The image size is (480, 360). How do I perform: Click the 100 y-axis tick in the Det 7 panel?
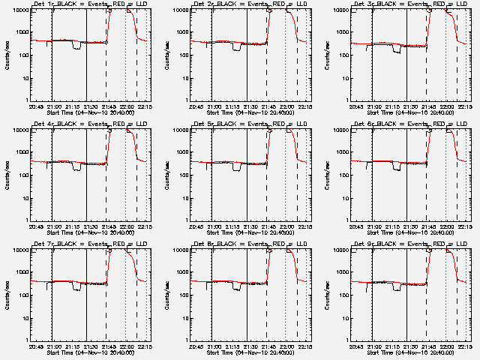[22, 295]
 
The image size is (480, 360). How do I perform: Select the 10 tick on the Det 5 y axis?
[182, 198]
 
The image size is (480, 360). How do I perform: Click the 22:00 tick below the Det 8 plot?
[287, 346]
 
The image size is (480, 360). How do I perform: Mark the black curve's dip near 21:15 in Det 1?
[76, 46]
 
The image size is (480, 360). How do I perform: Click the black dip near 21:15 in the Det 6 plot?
[395, 167]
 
